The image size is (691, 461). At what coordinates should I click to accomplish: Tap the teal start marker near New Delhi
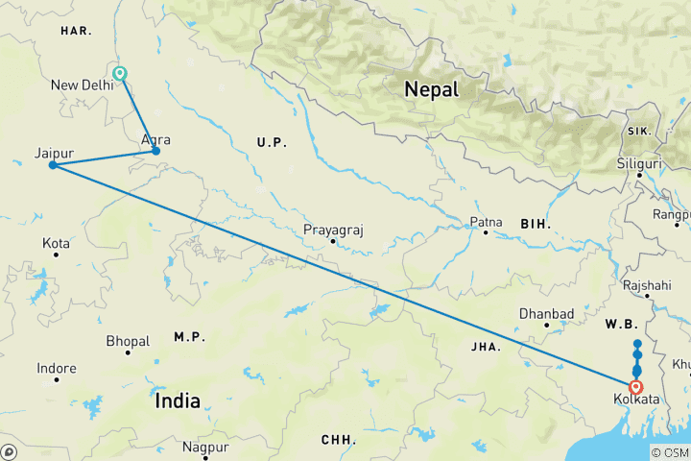pyautogui.click(x=120, y=73)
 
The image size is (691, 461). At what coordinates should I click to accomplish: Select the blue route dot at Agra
pyautogui.click(x=155, y=151)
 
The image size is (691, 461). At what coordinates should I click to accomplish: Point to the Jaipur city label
pyautogui.click(x=54, y=153)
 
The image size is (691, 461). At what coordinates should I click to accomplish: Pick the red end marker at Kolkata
pyautogui.click(x=636, y=387)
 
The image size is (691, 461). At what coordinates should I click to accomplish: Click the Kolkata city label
pyautogui.click(x=636, y=399)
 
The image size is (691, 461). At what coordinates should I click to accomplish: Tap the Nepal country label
pyautogui.click(x=431, y=89)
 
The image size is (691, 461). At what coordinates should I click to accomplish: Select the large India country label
pyautogui.click(x=178, y=400)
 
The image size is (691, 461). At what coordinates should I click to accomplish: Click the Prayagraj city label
pyautogui.click(x=332, y=230)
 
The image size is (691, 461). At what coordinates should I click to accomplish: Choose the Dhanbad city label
pyautogui.click(x=546, y=314)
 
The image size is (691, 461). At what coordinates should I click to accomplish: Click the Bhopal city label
pyautogui.click(x=128, y=341)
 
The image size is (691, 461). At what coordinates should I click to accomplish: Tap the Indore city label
pyautogui.click(x=57, y=368)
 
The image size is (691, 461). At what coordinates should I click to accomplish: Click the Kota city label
pyautogui.click(x=56, y=244)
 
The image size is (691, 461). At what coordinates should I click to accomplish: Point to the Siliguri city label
pyautogui.click(x=639, y=163)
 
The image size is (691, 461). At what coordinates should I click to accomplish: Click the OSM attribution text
pyautogui.click(x=675, y=453)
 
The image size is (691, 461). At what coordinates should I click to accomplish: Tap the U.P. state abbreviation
pyautogui.click(x=273, y=142)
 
